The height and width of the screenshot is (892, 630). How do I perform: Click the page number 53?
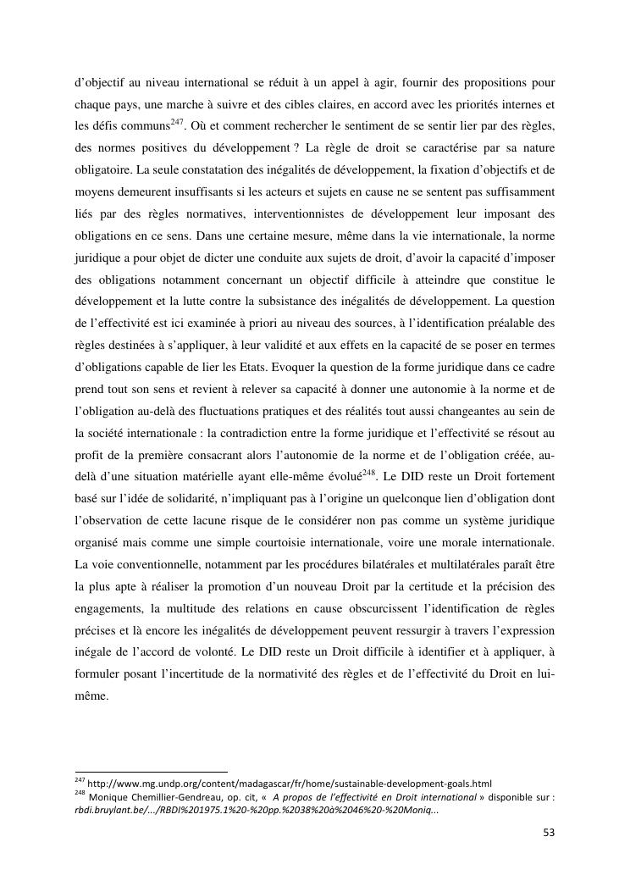(548, 833)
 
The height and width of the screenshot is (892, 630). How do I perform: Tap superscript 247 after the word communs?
(177, 122)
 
